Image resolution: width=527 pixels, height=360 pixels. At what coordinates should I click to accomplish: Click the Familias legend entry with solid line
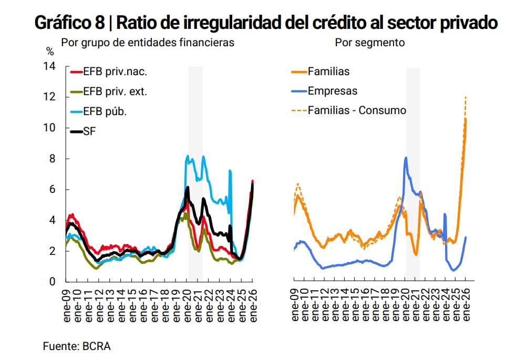328,71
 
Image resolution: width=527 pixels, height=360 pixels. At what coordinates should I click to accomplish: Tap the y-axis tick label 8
52,159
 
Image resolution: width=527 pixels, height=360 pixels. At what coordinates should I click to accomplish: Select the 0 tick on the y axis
52,282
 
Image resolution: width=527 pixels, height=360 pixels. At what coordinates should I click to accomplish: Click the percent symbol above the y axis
50,52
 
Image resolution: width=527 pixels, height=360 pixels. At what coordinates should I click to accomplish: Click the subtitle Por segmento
370,43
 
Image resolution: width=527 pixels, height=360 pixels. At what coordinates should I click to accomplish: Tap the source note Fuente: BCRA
77,346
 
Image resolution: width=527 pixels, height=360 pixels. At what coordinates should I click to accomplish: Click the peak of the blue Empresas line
406,158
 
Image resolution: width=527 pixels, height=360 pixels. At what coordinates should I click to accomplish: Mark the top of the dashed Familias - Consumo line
466,97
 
